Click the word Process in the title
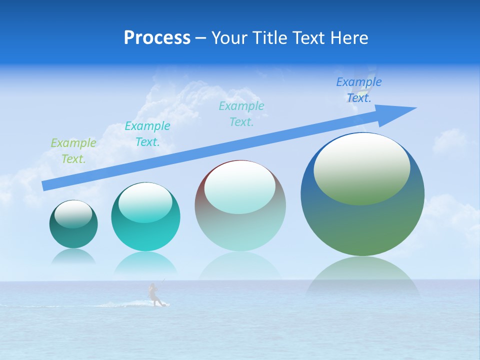[157, 38]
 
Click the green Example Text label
[73, 150]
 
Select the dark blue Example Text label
[358, 89]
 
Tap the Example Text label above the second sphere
[147, 133]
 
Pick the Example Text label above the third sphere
[241, 113]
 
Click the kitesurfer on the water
[154, 295]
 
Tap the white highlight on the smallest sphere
[73, 213]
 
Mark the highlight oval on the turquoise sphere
[145, 202]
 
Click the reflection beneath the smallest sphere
[73, 256]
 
